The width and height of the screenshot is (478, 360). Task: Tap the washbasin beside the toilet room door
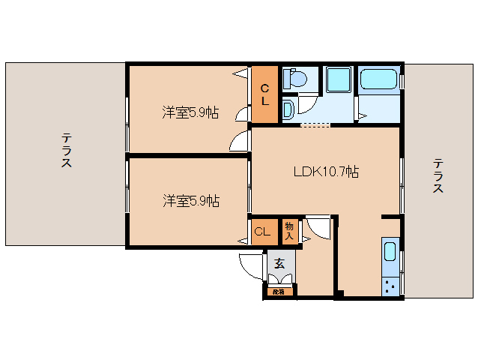point(288,109)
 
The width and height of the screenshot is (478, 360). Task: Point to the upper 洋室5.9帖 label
point(190,112)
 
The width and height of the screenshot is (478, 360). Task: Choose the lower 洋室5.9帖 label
point(190,200)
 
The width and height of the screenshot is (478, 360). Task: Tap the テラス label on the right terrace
point(438,176)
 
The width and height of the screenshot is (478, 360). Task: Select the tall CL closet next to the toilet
point(264,95)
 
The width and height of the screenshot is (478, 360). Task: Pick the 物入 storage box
point(290,231)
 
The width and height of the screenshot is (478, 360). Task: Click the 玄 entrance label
point(279,263)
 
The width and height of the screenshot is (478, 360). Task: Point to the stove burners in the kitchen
point(390,285)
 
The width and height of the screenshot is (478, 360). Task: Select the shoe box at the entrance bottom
point(279,292)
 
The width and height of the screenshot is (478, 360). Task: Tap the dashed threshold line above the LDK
point(315,125)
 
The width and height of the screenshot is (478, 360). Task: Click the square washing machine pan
point(339,79)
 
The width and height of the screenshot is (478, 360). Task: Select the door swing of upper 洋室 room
point(240,140)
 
